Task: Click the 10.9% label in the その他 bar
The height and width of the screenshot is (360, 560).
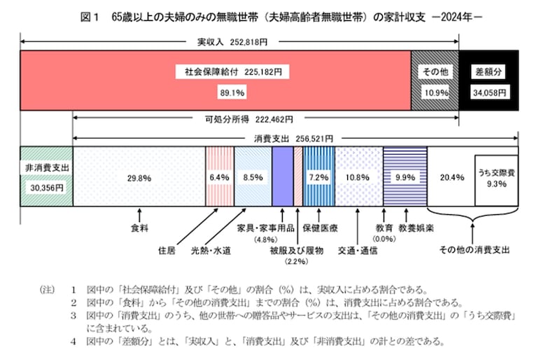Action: coord(435,92)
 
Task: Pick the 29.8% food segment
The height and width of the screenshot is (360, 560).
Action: coord(139,176)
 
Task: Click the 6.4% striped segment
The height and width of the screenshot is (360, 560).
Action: coord(219,176)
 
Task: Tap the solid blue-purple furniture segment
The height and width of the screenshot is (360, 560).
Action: coord(282,176)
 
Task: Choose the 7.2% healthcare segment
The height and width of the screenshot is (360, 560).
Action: coord(318,176)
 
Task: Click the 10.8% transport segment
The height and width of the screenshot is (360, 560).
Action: coord(358,176)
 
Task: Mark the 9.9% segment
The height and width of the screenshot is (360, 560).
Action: coord(405,176)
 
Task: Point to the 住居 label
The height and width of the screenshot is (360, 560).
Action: coord(167,248)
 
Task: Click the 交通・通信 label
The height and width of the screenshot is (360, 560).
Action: coord(357,248)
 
